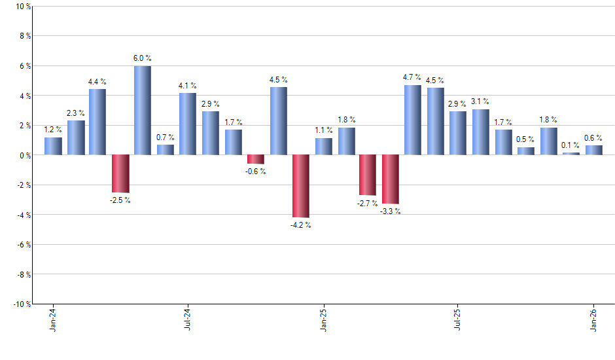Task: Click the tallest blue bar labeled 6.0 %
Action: click(143, 110)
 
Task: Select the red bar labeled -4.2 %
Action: click(300, 186)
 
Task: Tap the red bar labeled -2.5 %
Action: click(120, 173)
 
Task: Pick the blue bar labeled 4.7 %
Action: click(413, 120)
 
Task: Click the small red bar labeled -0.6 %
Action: click(256, 159)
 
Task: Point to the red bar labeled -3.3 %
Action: click(391, 179)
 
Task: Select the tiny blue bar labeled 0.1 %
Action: click(571, 154)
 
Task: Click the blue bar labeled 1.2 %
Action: click(53, 146)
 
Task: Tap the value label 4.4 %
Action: click(97, 82)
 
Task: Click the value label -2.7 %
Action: click(367, 204)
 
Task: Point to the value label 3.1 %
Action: click(481, 101)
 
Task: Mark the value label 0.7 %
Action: click(166, 137)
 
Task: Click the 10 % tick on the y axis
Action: click(22, 7)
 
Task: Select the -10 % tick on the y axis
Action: click(20, 304)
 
